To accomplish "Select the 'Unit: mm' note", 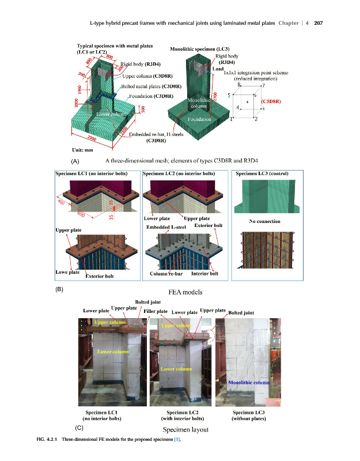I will click(x=85, y=149).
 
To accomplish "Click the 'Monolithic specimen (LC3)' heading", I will click(x=200, y=50).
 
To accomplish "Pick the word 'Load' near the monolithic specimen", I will click(x=218, y=68).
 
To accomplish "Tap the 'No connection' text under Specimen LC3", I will click(x=264, y=221).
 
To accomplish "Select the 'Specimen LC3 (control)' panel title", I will click(x=262, y=173).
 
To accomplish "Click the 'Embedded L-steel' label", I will click(x=168, y=228).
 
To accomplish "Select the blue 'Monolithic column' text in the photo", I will click(x=250, y=382).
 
